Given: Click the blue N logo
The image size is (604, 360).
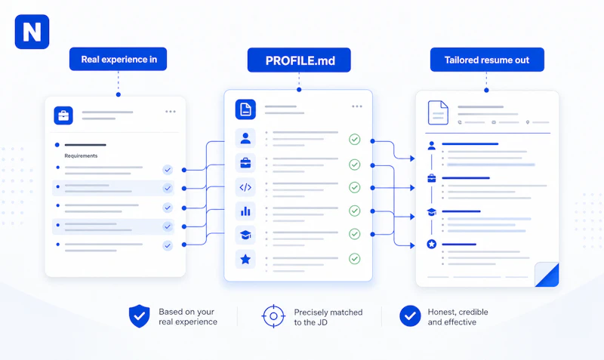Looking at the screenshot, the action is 32,32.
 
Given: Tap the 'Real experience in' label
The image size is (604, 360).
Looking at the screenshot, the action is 119,60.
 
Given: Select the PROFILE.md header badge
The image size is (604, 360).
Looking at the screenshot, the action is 299,60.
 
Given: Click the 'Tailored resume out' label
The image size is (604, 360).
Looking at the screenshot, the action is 487,60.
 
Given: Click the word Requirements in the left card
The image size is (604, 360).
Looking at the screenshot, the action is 81,156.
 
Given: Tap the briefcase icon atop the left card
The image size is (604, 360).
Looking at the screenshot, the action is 63,115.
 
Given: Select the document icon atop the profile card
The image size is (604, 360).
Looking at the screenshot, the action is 245,109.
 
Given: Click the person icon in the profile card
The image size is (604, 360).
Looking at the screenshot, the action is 245,138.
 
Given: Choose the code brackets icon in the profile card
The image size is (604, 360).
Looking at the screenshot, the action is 245,187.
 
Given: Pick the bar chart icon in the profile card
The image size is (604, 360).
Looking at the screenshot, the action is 245,211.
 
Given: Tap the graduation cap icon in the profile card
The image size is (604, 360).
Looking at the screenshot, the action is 245,235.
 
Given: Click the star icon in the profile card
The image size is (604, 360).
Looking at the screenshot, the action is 245,259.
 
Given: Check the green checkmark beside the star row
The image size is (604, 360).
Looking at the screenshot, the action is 354,259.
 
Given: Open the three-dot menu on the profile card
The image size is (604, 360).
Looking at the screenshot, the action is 356,106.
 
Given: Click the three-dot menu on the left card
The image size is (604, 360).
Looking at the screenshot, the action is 171,112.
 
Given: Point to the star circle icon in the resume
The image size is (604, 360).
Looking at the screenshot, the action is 431,244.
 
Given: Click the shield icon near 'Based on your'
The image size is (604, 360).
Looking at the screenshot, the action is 139,316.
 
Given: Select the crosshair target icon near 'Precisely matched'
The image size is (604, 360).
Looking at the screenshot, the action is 273,316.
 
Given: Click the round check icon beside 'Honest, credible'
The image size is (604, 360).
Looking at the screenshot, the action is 410,316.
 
